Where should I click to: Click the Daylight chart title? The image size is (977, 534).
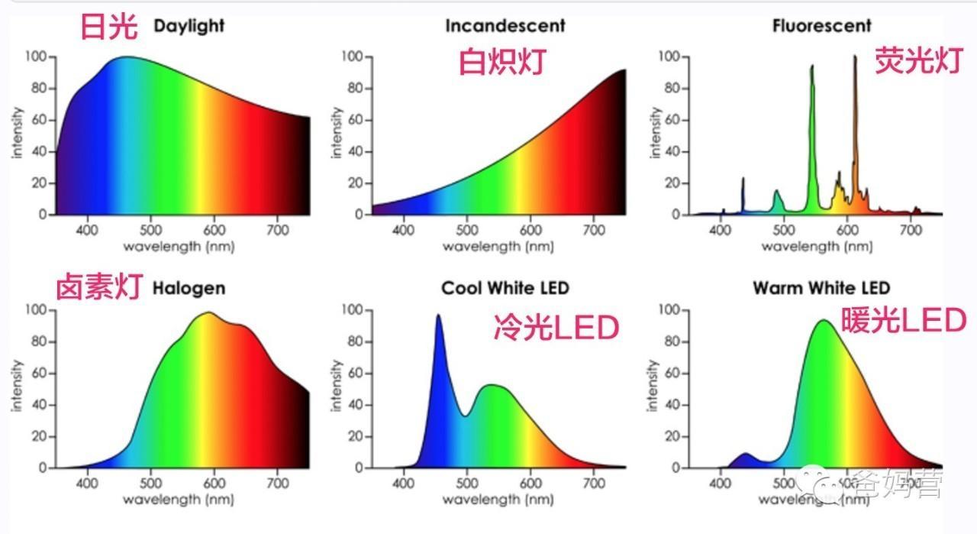coord(189,26)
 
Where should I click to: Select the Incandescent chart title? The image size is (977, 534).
coord(505,26)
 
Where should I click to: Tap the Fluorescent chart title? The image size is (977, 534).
coord(821,26)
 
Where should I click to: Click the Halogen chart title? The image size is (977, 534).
coord(189,288)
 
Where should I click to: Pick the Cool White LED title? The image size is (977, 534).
coord(505,288)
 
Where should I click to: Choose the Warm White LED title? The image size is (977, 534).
coord(821,288)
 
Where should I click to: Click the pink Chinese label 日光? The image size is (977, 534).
coord(109,28)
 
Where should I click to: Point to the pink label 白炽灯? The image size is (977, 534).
coord(502,61)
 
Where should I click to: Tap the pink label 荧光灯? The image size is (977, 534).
coord(918,60)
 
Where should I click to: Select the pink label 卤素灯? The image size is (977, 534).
coord(99,288)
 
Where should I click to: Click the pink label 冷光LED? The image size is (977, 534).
coord(556,328)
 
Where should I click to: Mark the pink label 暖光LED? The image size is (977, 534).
coord(903,321)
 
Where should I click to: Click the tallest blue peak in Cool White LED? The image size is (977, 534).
coord(438,318)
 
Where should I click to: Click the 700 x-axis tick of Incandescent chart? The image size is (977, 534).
coord(594,229)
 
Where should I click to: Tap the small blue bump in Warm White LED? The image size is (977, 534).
coord(745,457)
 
